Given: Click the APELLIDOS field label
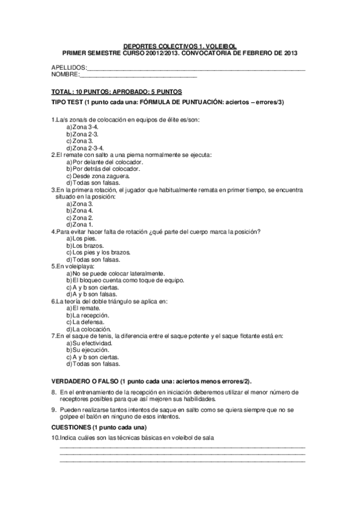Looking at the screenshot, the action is click(69, 67).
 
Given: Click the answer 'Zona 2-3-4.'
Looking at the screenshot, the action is click(88, 147).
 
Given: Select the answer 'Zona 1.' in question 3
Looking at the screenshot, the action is click(82, 224).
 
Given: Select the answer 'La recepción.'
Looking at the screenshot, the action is click(91, 315).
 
